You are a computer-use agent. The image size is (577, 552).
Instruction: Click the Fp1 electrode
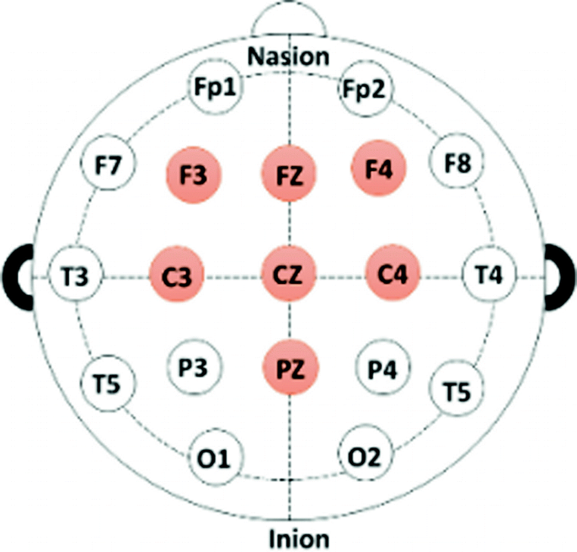213,88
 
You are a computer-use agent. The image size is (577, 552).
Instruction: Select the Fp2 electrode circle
366,88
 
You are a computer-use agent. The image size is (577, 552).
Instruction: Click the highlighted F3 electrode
193,175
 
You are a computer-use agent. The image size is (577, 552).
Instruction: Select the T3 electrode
77,276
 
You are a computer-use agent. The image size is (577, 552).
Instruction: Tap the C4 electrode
393,274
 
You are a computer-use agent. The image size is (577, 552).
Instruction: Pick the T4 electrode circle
489,275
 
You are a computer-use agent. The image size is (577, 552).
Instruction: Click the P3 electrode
194,367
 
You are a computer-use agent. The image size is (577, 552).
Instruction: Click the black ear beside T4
559,276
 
